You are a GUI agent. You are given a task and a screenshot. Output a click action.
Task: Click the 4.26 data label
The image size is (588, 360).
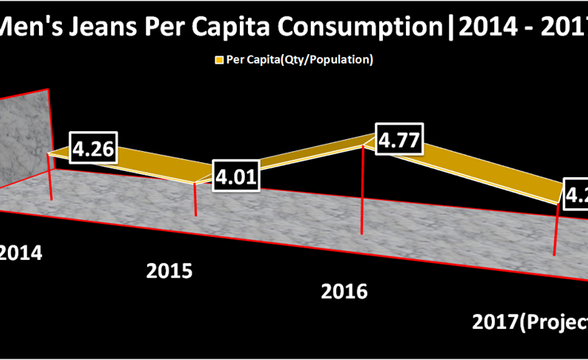pyautogui.click(x=94, y=149)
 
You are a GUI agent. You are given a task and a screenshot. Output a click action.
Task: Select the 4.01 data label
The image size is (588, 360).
pyautogui.click(x=236, y=176)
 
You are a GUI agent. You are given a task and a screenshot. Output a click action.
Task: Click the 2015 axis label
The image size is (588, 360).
pyautogui.click(x=169, y=271)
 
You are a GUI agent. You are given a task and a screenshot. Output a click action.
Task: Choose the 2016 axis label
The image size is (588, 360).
pyautogui.click(x=344, y=292)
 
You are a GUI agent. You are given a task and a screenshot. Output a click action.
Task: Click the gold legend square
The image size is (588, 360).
pyautogui.click(x=218, y=60)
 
